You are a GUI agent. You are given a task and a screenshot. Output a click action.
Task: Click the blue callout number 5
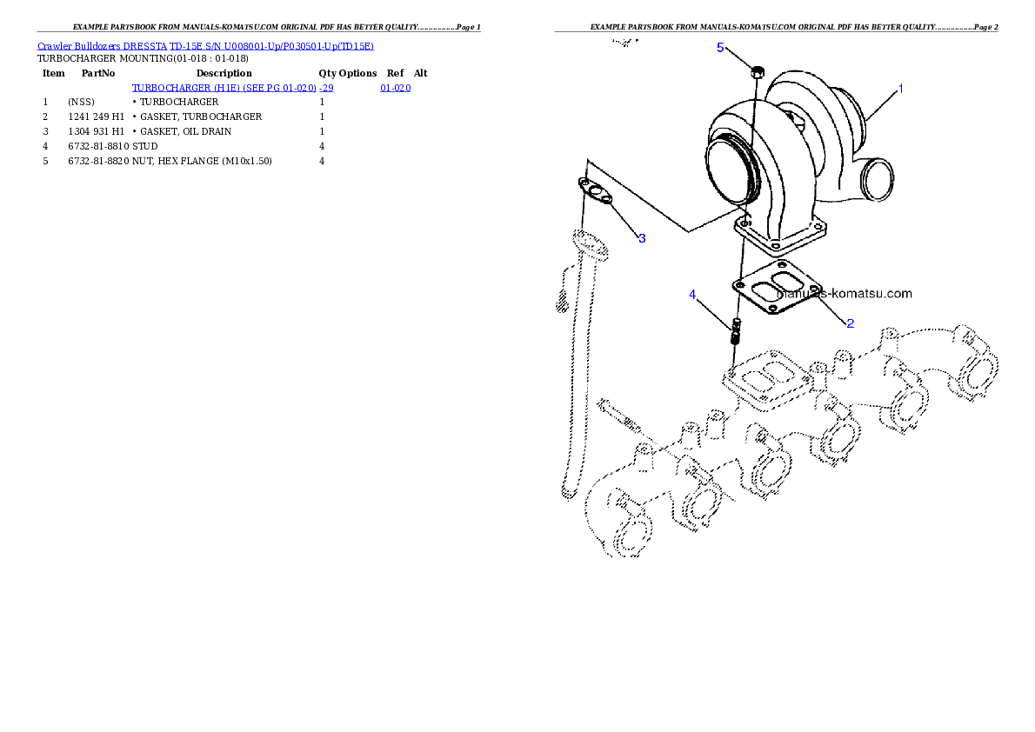(720, 48)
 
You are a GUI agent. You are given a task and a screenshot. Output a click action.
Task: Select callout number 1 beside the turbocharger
(900, 89)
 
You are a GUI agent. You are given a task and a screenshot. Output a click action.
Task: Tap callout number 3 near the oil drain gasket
(642, 238)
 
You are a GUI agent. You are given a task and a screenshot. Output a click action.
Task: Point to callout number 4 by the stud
(691, 295)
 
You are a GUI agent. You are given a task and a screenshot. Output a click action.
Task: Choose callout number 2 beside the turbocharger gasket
(850, 323)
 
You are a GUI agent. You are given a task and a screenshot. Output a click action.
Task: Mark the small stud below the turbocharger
(736, 330)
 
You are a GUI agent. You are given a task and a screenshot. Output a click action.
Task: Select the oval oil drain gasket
(596, 190)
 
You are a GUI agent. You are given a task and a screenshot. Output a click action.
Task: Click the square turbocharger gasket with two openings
(778, 287)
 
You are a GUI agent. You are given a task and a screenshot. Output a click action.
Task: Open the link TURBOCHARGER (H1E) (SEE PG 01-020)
(224, 88)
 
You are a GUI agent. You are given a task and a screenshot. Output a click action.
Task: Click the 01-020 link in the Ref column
(396, 88)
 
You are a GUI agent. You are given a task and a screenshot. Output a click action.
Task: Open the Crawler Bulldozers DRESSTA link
(103, 46)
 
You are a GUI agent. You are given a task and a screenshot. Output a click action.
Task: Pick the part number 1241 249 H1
(96, 116)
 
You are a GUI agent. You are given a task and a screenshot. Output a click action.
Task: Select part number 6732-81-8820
(98, 161)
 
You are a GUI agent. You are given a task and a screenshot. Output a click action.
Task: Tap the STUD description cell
(145, 147)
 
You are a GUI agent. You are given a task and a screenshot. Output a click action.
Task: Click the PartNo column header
(98, 73)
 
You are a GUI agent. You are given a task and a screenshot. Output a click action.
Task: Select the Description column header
(224, 73)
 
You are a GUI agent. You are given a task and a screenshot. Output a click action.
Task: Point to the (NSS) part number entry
(81, 103)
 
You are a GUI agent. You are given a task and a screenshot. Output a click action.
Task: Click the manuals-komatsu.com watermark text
(845, 293)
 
